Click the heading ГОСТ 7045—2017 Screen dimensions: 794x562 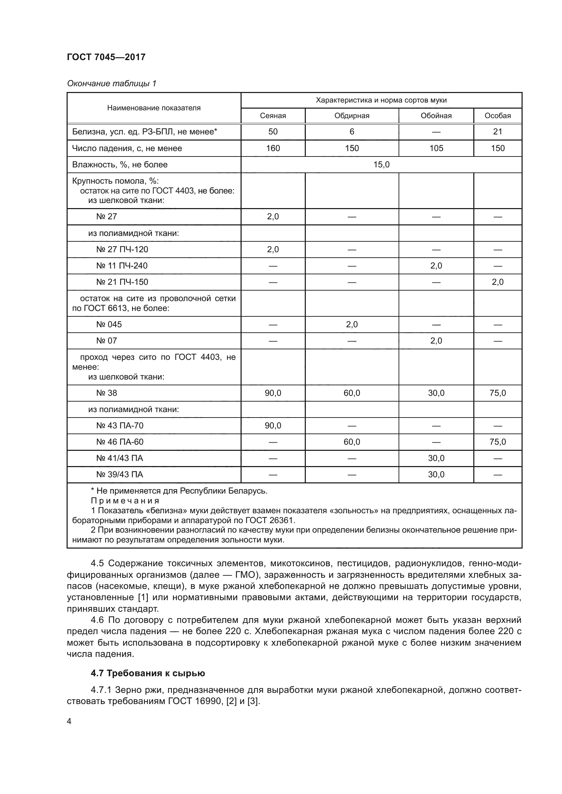(x=106, y=57)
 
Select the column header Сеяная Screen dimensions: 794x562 (x=273, y=116)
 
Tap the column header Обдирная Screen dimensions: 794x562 (x=352, y=116)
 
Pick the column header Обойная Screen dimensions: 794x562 (x=436, y=116)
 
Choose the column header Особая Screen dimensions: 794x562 (x=497, y=116)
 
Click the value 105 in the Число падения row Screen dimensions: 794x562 (x=436, y=148)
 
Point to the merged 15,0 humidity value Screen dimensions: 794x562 (x=381, y=165)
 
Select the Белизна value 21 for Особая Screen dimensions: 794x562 (x=497, y=132)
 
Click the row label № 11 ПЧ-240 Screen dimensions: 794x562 (x=122, y=266)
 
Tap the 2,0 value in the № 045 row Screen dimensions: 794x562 (x=352, y=325)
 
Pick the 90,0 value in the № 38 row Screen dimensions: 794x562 (x=273, y=393)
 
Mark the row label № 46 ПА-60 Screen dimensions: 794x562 (x=120, y=442)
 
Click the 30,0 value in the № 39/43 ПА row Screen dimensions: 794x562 (x=436, y=475)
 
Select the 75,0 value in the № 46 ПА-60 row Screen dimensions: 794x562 (x=497, y=442)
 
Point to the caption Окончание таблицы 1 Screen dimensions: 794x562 (x=111, y=84)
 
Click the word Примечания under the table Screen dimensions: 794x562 (x=125, y=501)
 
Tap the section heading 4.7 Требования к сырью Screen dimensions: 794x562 (x=148, y=673)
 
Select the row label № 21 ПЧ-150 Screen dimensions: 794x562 (x=122, y=282)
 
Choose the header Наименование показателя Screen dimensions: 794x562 (x=154, y=108)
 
